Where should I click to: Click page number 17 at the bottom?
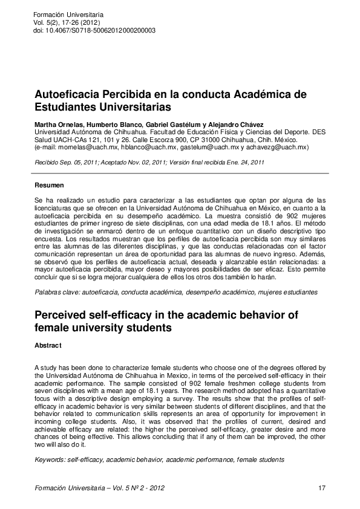(321, 487)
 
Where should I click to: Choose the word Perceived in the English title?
(64, 316)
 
